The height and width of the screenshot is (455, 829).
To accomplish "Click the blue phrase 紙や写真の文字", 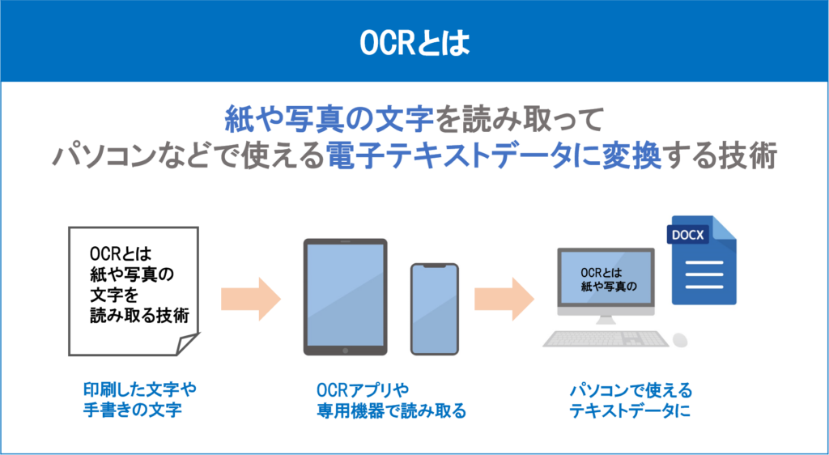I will point(329,121).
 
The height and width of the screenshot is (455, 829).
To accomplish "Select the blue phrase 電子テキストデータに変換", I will point(493,156).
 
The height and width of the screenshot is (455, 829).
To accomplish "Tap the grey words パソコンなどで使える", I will point(188,156).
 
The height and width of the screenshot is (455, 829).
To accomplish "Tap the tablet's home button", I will point(346,351).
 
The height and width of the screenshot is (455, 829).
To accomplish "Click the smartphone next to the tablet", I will point(434,308).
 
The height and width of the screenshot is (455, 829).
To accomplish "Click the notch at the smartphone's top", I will point(434,267).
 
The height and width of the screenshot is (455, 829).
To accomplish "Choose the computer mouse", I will point(679,339).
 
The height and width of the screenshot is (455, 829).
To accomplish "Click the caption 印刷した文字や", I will point(140,389).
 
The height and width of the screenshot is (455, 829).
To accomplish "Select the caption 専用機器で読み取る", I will point(391,410).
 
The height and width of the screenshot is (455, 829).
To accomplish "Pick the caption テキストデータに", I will point(631,410).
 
